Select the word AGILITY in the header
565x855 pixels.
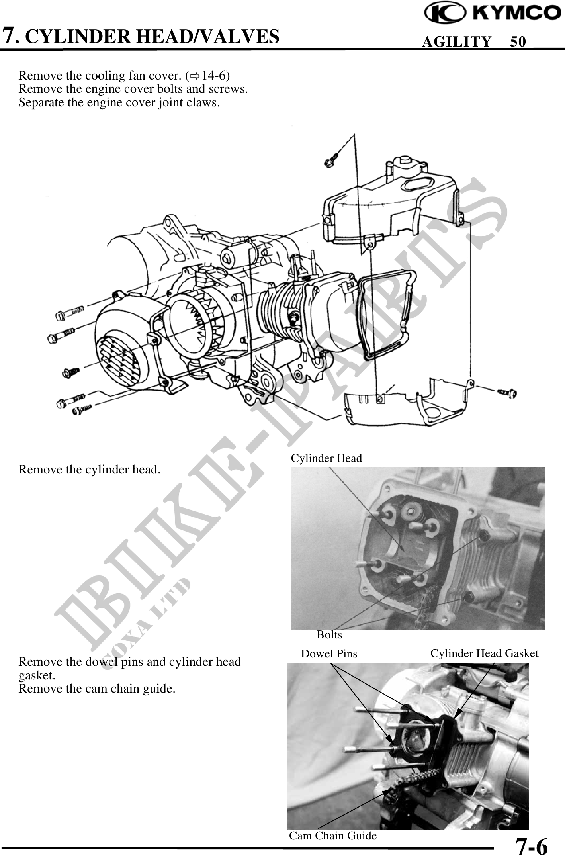(457, 41)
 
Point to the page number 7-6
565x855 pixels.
(531, 843)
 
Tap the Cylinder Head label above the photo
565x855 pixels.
(326, 458)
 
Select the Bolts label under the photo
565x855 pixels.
(329, 634)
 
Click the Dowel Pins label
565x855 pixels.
(329, 654)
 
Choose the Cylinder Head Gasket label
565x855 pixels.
(484, 653)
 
